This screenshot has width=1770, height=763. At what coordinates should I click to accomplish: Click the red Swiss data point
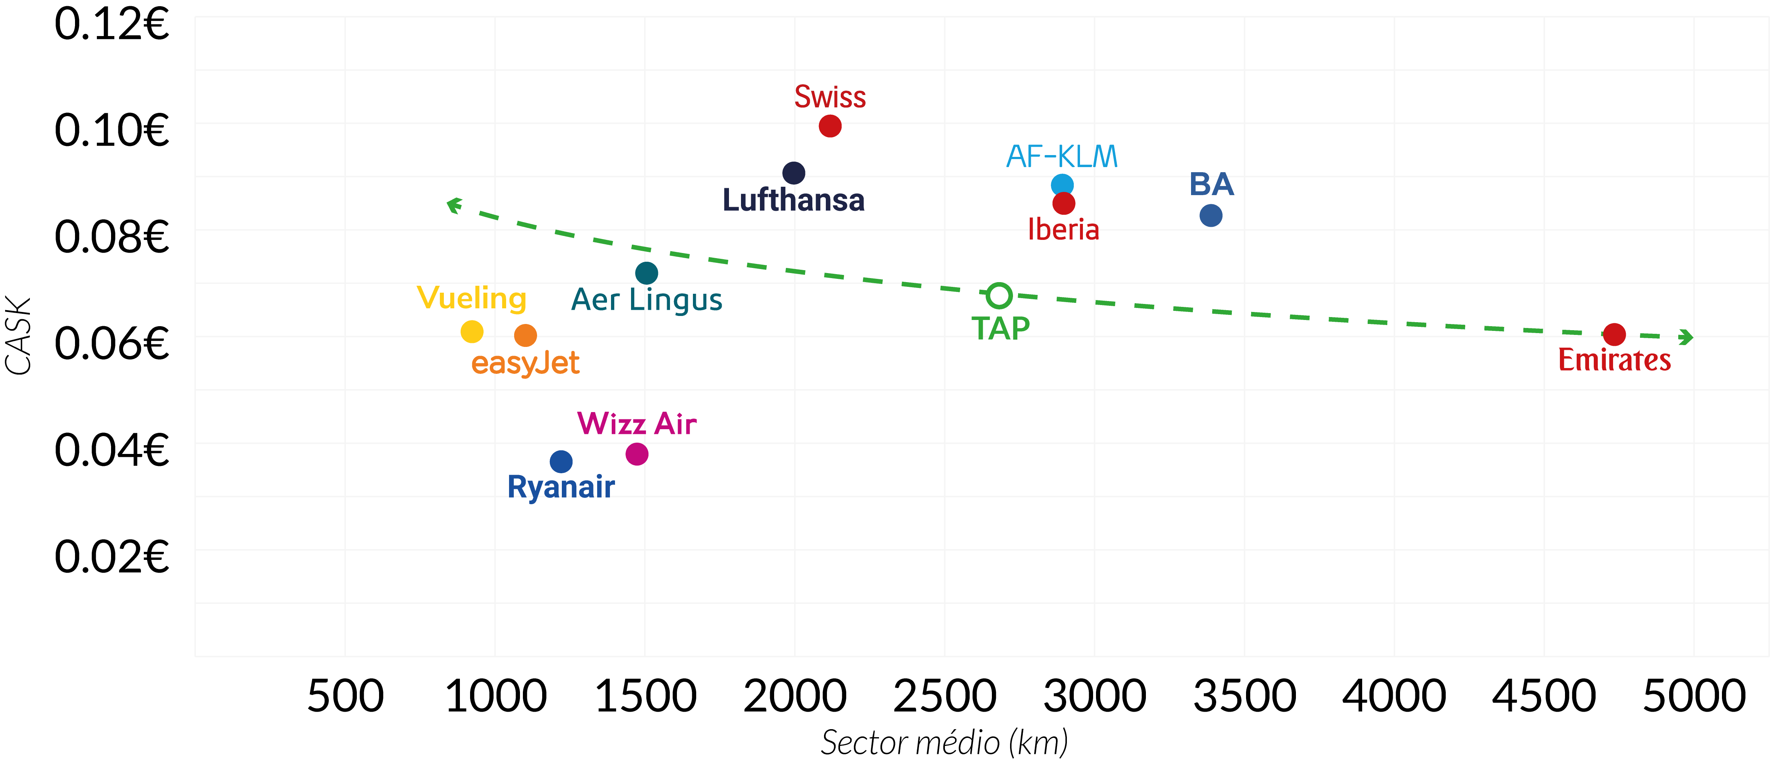point(830,126)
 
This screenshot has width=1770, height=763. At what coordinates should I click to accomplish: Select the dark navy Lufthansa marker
point(794,173)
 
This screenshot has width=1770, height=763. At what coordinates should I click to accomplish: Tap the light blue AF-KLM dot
point(1062,185)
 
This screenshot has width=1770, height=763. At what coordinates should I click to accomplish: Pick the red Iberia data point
point(1064,203)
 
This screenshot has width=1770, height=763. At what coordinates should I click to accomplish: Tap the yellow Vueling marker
point(472,332)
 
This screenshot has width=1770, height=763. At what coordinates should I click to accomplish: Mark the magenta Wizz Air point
point(637,454)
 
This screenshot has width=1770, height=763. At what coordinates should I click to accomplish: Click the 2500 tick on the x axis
point(945,696)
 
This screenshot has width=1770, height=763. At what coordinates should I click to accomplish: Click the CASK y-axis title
point(19,336)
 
